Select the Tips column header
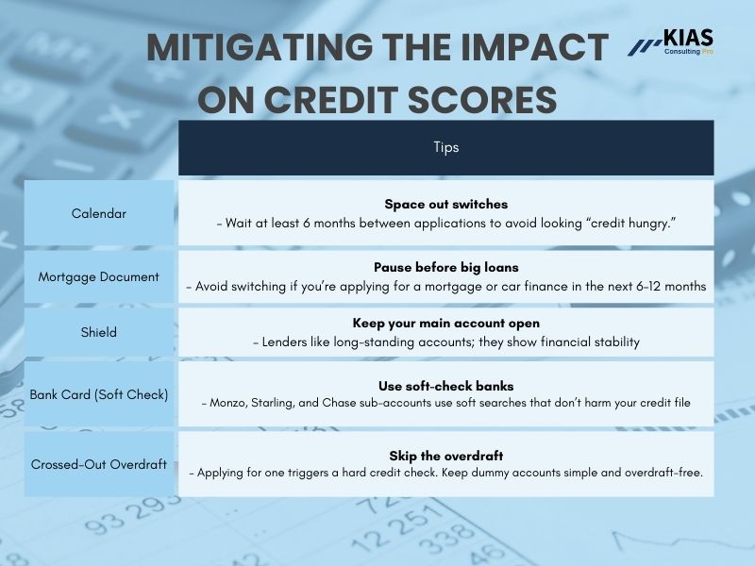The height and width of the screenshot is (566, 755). [445, 147]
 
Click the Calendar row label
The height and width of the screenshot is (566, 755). [98, 213]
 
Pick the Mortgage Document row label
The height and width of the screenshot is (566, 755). [98, 277]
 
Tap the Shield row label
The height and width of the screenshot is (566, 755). [98, 332]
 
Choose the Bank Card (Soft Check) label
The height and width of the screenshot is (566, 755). [98, 394]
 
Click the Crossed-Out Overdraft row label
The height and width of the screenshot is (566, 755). [98, 464]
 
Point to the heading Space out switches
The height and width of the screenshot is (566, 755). [445, 204]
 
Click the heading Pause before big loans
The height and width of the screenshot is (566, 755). [445, 267]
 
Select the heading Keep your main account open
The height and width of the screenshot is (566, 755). [445, 323]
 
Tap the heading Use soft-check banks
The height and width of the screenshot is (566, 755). [445, 385]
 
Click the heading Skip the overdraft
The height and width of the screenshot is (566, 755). [445, 456]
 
